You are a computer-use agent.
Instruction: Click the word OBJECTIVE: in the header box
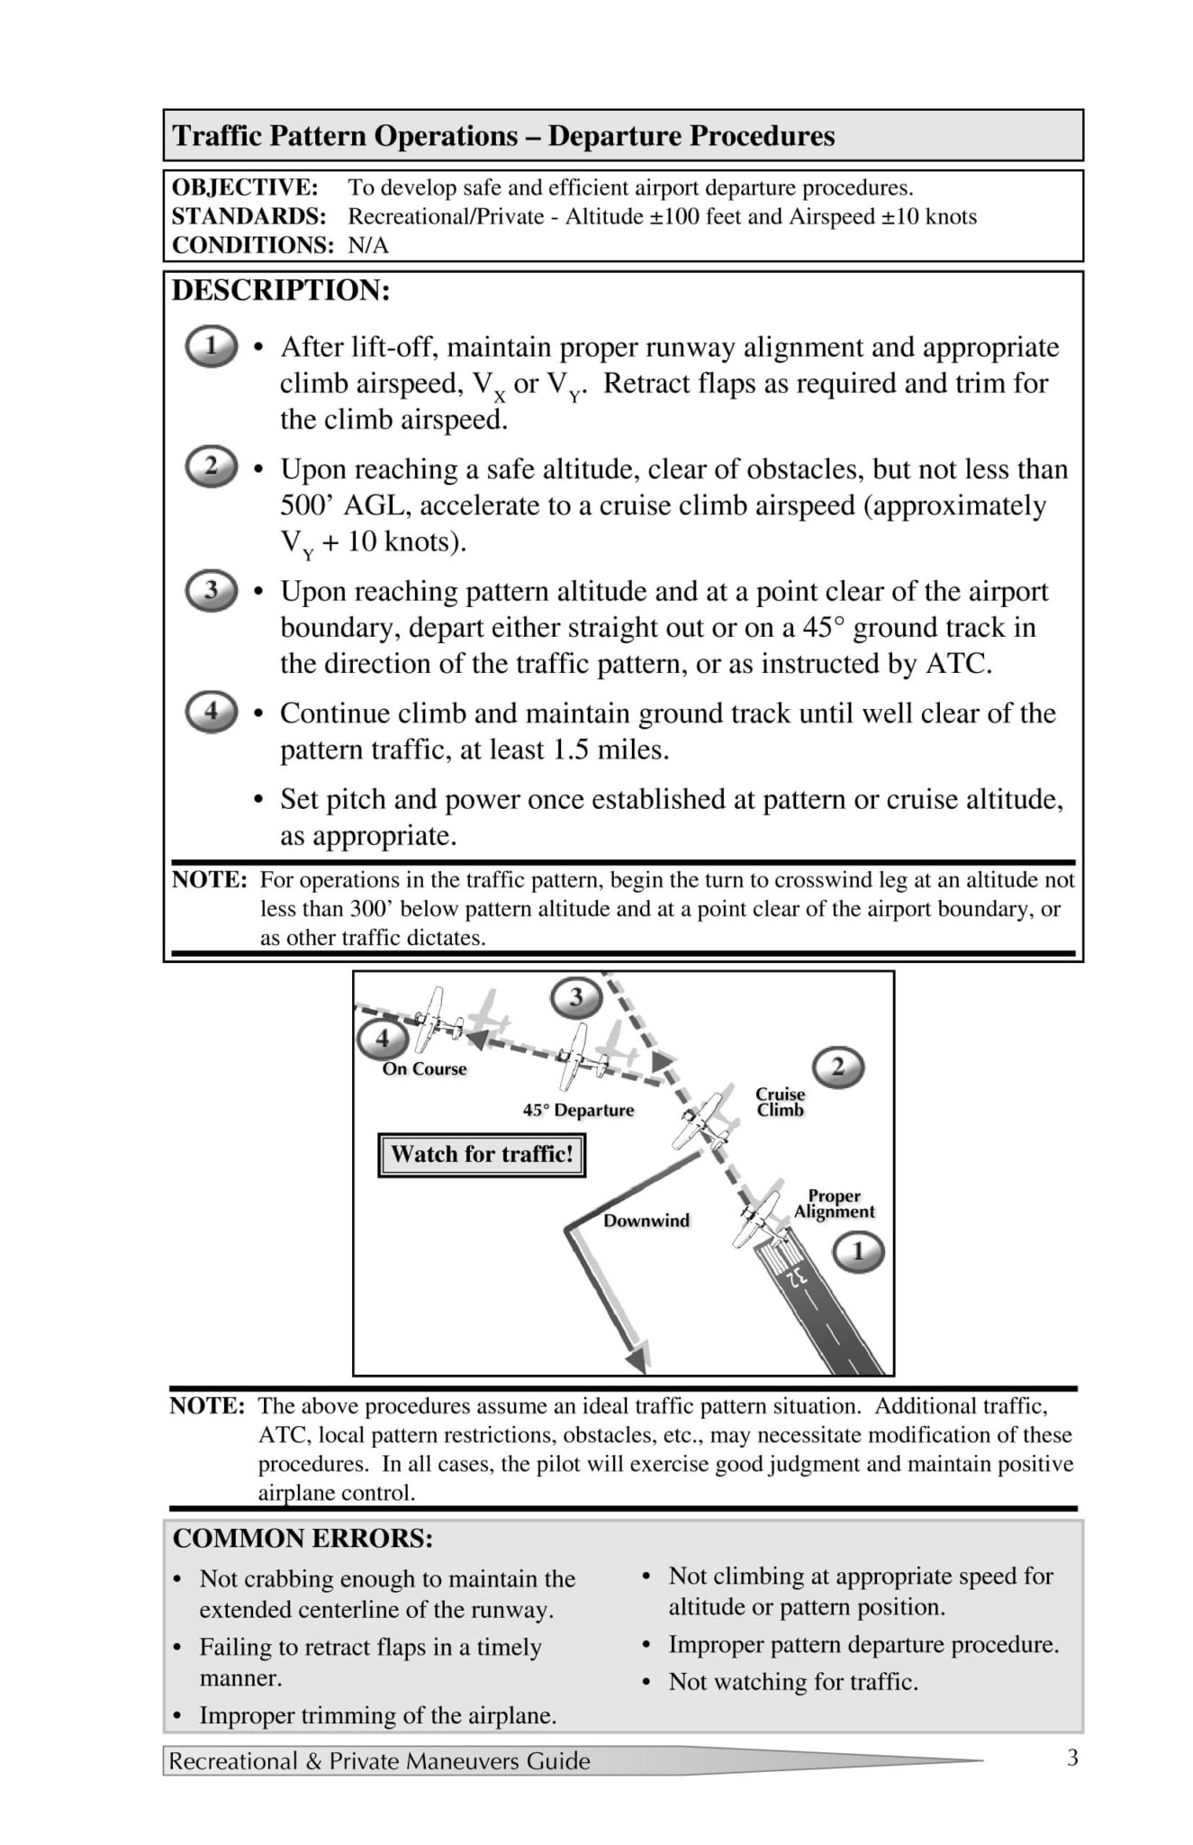click(244, 187)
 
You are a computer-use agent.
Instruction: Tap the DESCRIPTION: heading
click(281, 290)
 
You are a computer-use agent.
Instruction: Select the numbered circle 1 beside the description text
click(211, 346)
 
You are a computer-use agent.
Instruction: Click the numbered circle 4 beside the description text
click(211, 711)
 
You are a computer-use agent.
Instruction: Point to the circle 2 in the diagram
click(837, 1068)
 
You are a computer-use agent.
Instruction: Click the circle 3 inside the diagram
click(575, 996)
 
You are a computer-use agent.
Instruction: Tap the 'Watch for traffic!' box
click(482, 1154)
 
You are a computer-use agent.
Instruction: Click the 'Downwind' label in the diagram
click(646, 1220)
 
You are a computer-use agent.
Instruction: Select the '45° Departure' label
click(578, 1110)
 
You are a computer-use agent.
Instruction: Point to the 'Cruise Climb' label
click(780, 1102)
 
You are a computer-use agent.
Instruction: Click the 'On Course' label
click(424, 1068)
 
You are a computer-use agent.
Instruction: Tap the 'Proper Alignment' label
click(834, 1204)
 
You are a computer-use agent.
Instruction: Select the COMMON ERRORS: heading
click(303, 1538)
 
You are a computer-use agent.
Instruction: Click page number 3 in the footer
click(1071, 1758)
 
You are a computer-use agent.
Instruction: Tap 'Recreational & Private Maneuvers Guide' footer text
click(379, 1760)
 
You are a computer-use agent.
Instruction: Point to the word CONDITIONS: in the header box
click(252, 245)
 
